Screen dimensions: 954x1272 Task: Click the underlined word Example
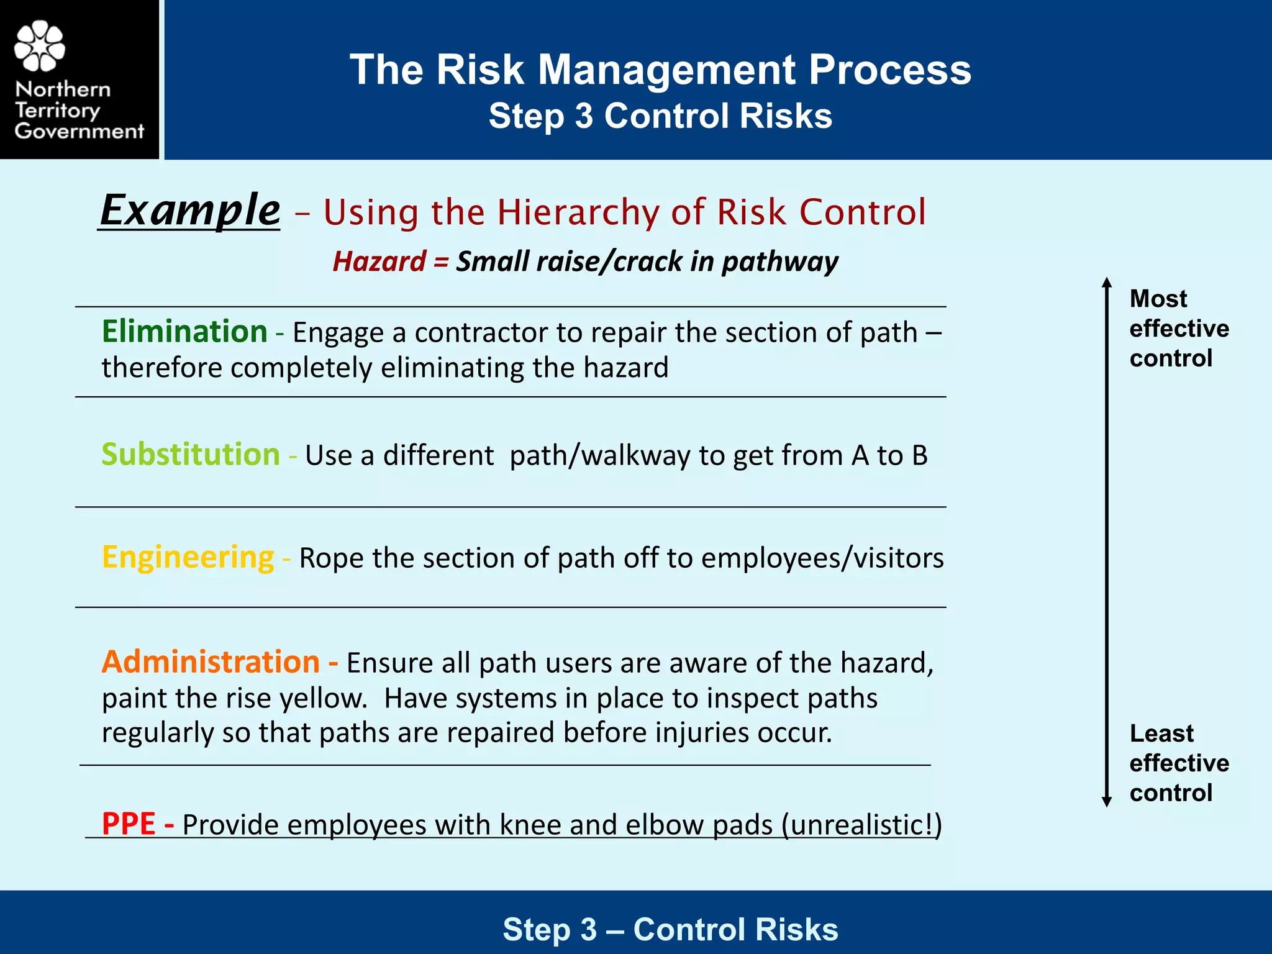point(190,210)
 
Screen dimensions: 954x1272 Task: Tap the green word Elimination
point(184,331)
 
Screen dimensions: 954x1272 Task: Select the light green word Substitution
point(191,455)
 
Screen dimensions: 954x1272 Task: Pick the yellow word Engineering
point(188,557)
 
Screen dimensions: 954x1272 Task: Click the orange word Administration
point(211,662)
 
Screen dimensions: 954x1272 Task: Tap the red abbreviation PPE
point(129,824)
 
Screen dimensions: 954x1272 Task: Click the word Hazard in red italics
point(379,261)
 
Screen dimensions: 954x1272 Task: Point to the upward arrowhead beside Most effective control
point(1106,283)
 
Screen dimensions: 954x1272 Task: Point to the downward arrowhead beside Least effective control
point(1106,802)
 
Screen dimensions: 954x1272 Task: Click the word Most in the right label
point(1158,299)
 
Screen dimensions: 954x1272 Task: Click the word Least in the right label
point(1161,734)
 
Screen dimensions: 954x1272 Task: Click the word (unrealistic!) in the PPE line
point(861,825)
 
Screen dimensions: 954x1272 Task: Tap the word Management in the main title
point(666,70)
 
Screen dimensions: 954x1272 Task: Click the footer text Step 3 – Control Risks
point(670,929)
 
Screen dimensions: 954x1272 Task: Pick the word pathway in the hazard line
point(779,262)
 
